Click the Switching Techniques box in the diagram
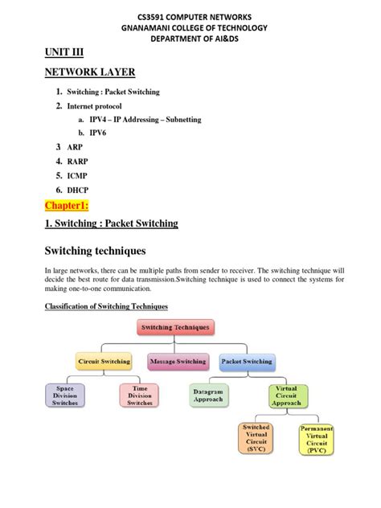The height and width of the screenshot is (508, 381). pyautogui.click(x=175, y=328)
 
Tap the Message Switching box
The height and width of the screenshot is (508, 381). pyautogui.click(x=177, y=362)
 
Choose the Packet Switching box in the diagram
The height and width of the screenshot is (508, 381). pyautogui.click(x=247, y=362)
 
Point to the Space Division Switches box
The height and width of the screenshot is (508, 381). pyautogui.click(x=66, y=395)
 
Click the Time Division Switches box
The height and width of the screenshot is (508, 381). pyautogui.click(x=137, y=395)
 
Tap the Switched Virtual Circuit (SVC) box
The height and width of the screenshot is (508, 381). pyautogui.click(x=256, y=439)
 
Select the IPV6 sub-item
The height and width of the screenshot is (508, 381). pyautogui.click(x=100, y=133)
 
